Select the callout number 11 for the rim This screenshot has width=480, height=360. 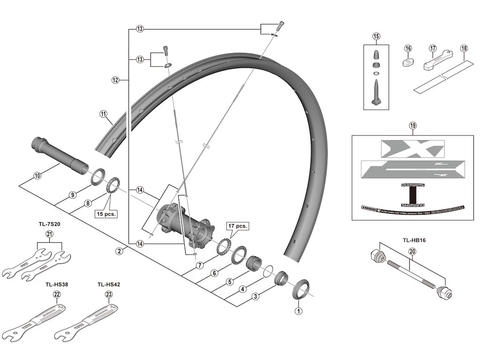(103, 113)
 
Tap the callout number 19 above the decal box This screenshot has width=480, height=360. (412, 126)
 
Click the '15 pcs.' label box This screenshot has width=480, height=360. (106, 214)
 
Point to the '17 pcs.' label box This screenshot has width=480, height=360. (238, 225)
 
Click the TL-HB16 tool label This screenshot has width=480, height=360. (414, 240)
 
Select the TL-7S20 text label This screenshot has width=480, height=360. (50, 224)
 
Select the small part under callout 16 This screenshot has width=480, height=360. (408, 62)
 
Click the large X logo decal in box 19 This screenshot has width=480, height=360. (412, 149)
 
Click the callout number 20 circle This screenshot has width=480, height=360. (412, 252)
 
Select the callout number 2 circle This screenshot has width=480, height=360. (120, 251)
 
